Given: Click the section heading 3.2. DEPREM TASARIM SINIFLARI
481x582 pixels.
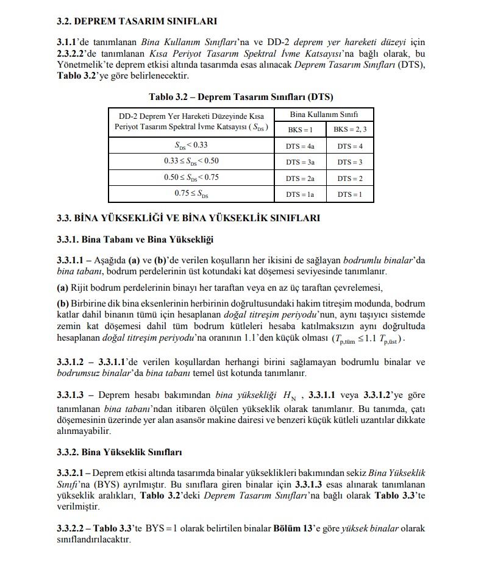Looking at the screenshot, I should pos(137,21).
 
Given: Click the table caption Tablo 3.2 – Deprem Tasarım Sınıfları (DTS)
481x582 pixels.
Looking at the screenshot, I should pos(241,97).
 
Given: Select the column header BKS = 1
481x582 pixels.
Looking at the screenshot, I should pos(300,130).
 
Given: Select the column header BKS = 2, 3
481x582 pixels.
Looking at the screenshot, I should pos(350,130).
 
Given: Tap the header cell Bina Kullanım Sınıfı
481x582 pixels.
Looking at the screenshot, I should pos(324,115).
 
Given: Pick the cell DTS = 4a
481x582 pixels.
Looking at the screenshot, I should pos(300,146).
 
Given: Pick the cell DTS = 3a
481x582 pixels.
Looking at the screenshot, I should pos(300,162).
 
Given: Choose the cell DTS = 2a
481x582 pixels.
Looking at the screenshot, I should pos(300,179).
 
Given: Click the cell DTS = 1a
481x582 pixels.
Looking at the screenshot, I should pos(300,194).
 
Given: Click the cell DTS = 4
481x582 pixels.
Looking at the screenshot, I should pos(350,146).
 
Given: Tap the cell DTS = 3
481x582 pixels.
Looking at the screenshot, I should pos(350,162).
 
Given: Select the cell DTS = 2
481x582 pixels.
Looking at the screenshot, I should pos(350,179).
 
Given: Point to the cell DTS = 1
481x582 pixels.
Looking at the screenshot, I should pos(350,194).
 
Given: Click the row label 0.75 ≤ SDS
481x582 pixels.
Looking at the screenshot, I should pos(191,194).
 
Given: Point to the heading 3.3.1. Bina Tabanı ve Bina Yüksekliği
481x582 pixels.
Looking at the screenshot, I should pos(135,238).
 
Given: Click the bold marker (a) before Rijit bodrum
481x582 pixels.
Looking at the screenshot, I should pos(62,288).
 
